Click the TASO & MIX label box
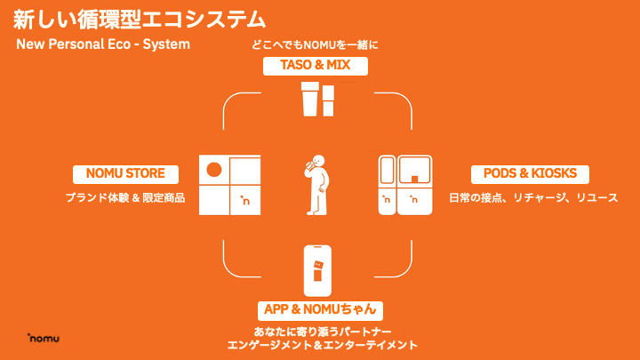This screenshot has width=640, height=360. (316, 66)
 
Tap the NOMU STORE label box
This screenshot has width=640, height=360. (125, 173)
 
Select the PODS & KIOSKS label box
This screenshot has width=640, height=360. (530, 173)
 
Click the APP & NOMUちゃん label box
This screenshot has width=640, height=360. (323, 310)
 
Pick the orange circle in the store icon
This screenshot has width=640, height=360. (212, 170)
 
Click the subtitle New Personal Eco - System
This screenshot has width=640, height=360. (103, 44)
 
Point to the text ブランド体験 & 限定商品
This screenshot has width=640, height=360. (125, 197)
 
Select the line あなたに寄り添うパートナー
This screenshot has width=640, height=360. (322, 332)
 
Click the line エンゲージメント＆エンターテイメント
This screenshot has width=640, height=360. (322, 345)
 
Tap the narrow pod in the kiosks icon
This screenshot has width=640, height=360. (387, 186)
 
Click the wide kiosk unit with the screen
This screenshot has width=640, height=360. (415, 186)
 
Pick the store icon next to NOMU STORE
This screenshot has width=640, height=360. (229, 186)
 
